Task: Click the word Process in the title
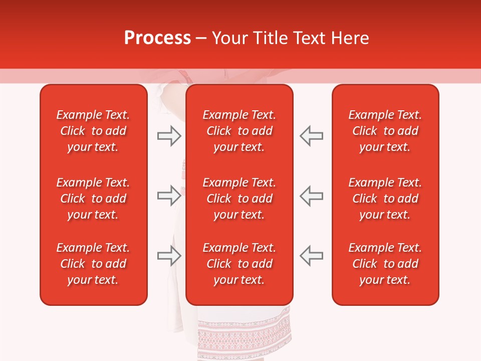click(157, 38)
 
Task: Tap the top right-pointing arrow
click(169, 136)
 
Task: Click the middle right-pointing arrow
click(169, 196)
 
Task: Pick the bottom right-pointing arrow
click(169, 256)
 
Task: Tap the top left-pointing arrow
click(312, 136)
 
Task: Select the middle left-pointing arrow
click(312, 196)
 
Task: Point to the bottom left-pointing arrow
click(312, 256)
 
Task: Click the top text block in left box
click(93, 131)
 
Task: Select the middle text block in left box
click(93, 199)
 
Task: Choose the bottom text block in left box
click(93, 264)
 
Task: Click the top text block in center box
click(239, 131)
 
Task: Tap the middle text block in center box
click(239, 199)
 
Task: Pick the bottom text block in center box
click(239, 264)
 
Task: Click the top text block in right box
click(385, 131)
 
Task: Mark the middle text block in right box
click(385, 199)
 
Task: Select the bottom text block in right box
click(385, 264)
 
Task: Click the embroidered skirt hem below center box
click(244, 333)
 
